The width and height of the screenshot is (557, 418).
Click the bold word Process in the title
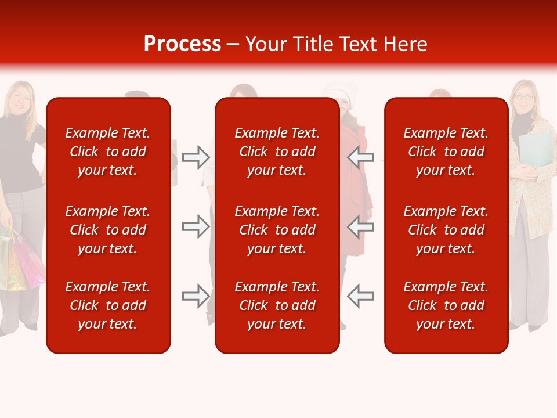pos(182,44)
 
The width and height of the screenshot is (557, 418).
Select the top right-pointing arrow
pos(196,157)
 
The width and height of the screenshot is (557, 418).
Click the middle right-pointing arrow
pos(196,226)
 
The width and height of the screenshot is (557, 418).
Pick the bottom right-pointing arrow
pos(196,296)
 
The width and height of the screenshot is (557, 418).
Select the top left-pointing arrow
pos(360,157)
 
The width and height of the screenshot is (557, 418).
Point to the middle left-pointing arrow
pos(360,226)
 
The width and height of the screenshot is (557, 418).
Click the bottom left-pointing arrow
pos(360,296)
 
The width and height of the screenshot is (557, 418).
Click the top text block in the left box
pos(108,152)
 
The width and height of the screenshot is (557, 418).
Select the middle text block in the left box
pos(108,230)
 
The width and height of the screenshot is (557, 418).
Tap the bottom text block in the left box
pos(108,305)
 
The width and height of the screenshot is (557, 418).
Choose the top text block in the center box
pos(277,152)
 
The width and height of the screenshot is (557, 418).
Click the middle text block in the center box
pos(277,230)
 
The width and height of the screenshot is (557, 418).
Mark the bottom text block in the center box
pos(277,305)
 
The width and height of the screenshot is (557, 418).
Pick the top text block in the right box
pos(446,152)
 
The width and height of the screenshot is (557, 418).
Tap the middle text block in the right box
pos(446,230)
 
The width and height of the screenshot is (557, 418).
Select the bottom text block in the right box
pos(446,305)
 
